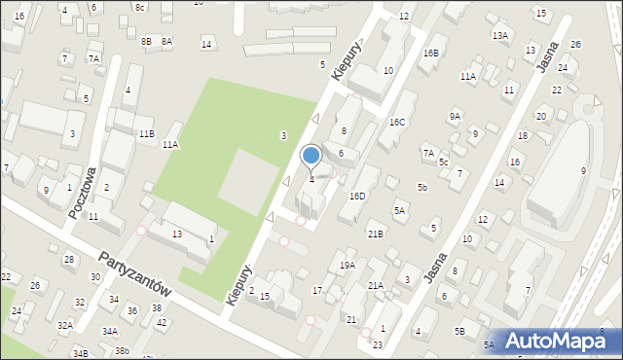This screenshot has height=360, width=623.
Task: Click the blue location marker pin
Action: [311, 156]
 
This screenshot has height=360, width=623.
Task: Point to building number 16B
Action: [430, 53]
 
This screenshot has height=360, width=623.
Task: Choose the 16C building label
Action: [397, 122]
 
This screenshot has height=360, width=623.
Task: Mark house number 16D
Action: [357, 197]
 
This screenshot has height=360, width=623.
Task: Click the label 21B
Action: [375, 234]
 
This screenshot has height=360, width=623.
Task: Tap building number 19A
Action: [348, 266]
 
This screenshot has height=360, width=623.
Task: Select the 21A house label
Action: [375, 285]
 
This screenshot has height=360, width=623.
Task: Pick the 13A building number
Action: [500, 35]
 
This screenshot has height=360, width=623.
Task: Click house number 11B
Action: [146, 132]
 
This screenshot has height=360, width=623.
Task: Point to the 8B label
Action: [146, 41]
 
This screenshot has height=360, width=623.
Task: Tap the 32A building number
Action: [64, 325]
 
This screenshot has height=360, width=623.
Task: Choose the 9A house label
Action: [455, 116]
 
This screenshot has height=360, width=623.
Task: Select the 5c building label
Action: [443, 162]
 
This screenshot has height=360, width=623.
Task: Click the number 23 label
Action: [378, 345]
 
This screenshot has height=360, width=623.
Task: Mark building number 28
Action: [68, 259]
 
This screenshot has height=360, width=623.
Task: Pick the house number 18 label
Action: [523, 135]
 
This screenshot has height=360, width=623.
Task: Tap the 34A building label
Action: [111, 332]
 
